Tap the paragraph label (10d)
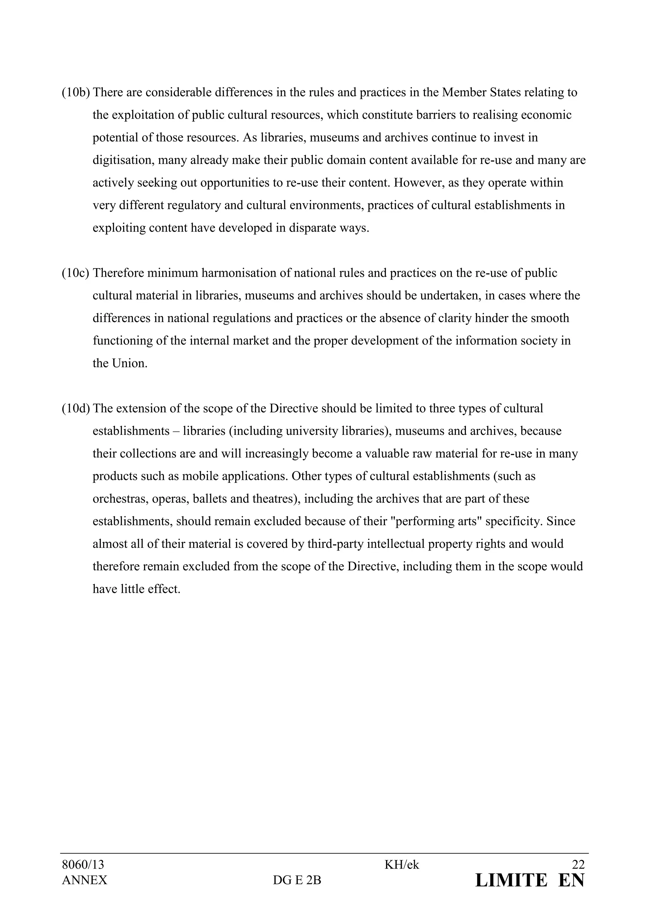(x=75, y=409)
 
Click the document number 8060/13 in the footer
(x=83, y=865)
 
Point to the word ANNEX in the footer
(x=84, y=880)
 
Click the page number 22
(x=578, y=865)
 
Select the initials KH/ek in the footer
(x=402, y=865)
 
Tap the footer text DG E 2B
(x=297, y=880)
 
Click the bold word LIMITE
(x=511, y=880)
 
